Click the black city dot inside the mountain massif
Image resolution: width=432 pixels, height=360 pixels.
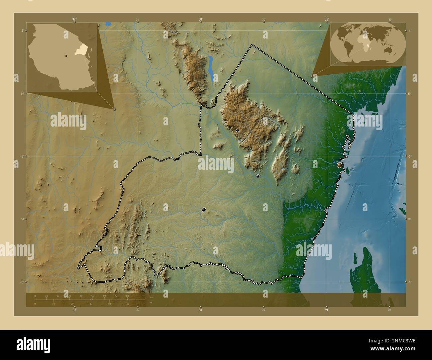(238, 131)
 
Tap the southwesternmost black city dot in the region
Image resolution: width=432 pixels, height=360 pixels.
(204, 210)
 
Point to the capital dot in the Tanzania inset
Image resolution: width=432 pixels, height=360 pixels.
(66, 55)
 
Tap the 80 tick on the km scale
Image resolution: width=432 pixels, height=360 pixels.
(127, 296)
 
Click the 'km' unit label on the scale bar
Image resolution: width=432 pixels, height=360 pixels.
(151, 297)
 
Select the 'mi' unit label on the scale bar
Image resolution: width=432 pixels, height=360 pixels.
(151, 303)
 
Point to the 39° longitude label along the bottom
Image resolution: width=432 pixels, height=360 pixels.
(327, 310)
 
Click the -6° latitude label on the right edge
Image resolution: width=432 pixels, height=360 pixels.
(410, 282)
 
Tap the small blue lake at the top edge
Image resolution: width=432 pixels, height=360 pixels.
(108, 24)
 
